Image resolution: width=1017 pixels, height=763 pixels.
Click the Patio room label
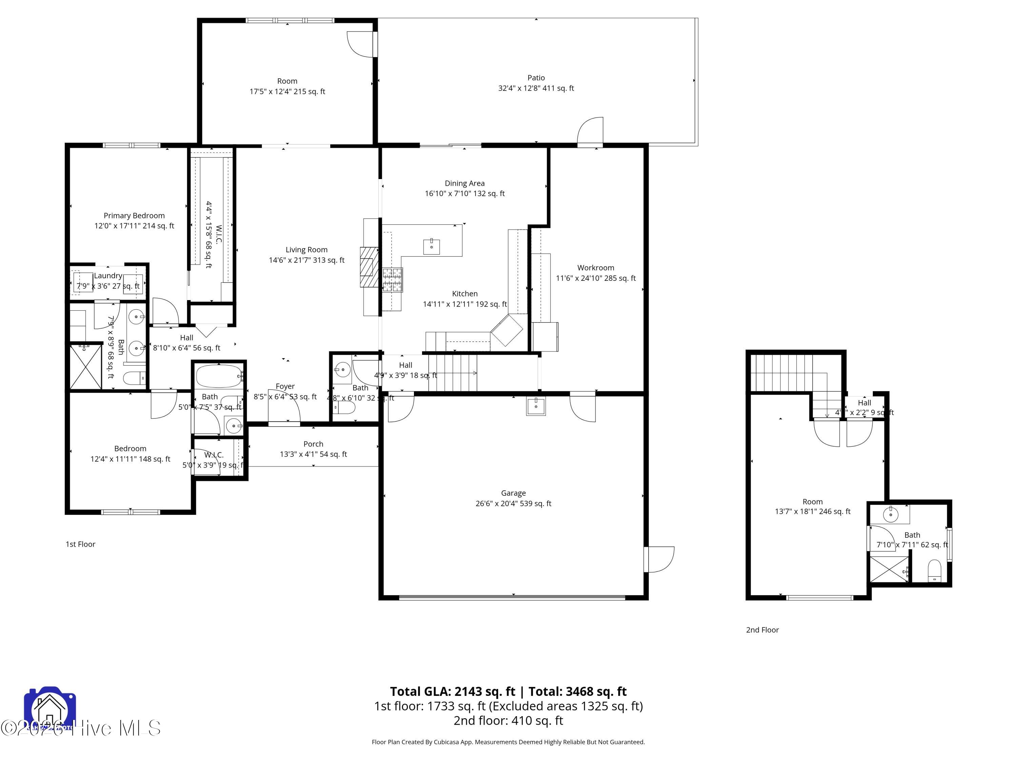536,78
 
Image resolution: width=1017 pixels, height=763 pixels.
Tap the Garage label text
513,493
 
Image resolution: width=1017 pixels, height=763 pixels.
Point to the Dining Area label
464,183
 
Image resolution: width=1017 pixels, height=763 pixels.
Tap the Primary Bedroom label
134,216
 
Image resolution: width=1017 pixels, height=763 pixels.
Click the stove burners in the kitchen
392,280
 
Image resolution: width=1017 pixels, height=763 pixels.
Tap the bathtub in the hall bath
218,377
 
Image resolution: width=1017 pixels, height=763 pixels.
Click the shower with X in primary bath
85,367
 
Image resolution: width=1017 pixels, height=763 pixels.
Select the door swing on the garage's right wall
660,559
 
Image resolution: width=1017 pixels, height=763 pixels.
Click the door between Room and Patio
361,44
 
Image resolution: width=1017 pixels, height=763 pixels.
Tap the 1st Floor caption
80,544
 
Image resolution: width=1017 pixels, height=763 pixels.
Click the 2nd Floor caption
762,630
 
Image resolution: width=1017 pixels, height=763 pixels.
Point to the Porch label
313,444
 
